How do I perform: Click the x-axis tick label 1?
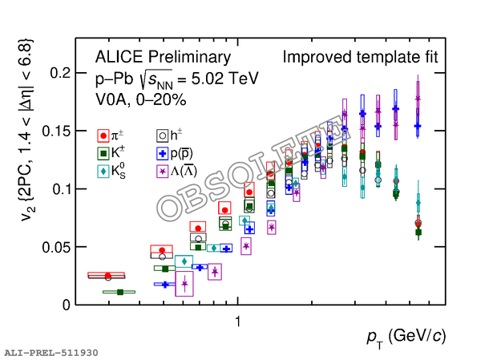[x=238, y=321]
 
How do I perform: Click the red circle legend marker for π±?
[x=103, y=136]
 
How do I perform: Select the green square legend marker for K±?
[x=103, y=153]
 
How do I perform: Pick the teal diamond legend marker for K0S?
[x=103, y=171]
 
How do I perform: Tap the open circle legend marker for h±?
[x=163, y=136]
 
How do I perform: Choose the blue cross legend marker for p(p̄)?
[x=163, y=153]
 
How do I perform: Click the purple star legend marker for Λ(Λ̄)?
[x=163, y=171]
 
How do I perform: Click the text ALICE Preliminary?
[x=163, y=58]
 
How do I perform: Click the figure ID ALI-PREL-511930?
[x=51, y=352]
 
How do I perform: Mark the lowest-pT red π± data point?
[x=107, y=276]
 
